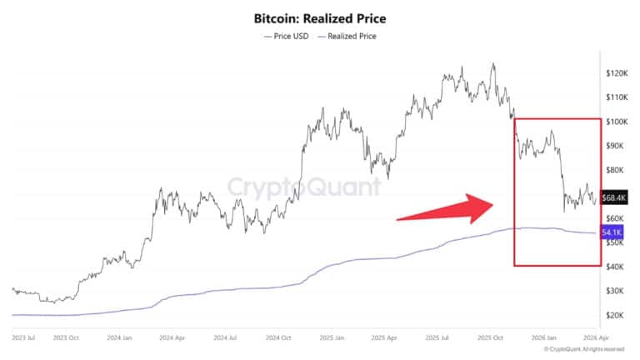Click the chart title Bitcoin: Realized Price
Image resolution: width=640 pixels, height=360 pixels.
pos(320,17)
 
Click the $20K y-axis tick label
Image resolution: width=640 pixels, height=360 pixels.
pos(617,315)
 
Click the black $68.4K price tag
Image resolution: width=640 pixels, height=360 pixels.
pos(614,197)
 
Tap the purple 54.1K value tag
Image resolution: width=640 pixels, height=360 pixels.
pos(613,232)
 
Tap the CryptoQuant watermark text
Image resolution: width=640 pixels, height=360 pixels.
pos(304,187)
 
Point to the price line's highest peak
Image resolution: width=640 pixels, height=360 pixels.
pos(493,63)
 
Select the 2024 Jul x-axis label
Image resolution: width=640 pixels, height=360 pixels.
pos(226,338)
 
